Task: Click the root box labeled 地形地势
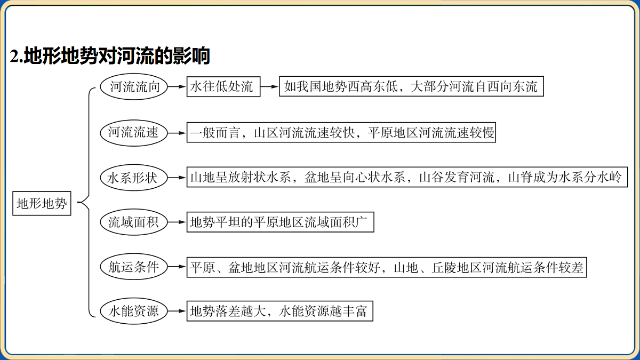pos(42,203)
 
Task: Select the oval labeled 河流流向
pos(134,86)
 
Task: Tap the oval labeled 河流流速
pos(134,133)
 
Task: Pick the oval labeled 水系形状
pos(134,178)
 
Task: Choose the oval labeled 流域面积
pos(134,222)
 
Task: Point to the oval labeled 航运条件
pos(134,267)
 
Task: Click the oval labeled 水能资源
pos(134,311)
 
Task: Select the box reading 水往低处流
pos(223,86)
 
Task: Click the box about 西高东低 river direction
pos(411,86)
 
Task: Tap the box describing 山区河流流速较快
pos(341,132)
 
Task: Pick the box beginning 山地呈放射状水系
pos(407,177)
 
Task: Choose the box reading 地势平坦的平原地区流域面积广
pos(281,222)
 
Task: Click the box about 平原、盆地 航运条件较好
pos(387,267)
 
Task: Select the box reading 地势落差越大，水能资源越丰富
pos(280,311)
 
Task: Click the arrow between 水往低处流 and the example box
pos(270,86)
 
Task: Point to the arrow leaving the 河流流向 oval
pos(177,86)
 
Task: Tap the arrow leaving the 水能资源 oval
pos(177,311)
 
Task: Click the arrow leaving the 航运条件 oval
pos(177,267)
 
